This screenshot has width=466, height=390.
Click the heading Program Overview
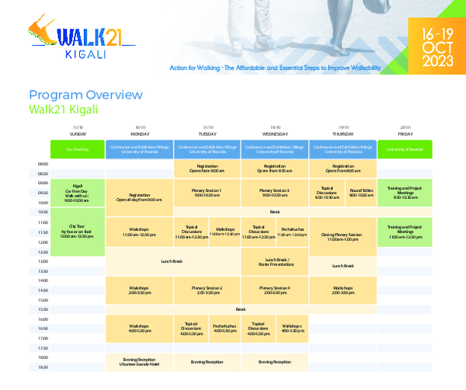tap(85, 95)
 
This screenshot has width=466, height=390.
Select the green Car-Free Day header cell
tap(78, 148)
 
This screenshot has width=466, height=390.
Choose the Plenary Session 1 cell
tap(207, 192)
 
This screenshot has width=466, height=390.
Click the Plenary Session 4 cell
tap(275, 291)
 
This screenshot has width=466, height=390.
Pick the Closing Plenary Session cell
tap(343, 236)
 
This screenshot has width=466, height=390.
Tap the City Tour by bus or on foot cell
tap(78, 231)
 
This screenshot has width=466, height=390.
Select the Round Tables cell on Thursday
tap(360, 192)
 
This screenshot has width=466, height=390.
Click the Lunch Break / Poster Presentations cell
tap(275, 262)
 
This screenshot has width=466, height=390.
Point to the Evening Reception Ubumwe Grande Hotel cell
tap(140, 361)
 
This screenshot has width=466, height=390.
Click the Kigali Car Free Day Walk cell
tap(78, 192)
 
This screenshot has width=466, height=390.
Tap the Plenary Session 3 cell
tap(275, 192)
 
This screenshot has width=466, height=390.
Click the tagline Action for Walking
tap(275, 69)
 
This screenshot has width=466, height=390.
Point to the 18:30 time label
tap(43, 367)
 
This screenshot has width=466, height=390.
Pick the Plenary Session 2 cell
tap(207, 291)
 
